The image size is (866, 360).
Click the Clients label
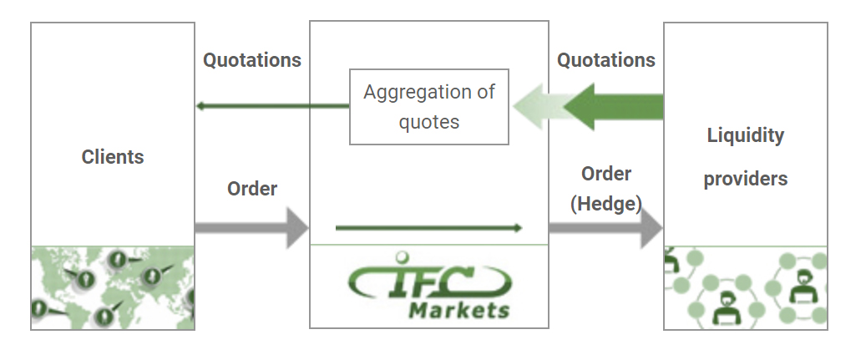click(x=113, y=157)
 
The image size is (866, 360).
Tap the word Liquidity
click(x=746, y=136)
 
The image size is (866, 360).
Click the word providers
click(x=746, y=179)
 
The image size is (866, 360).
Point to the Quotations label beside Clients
click(x=252, y=60)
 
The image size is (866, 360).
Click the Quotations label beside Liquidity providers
click(x=606, y=60)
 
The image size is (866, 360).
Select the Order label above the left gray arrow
click(x=252, y=189)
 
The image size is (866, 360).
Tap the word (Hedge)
click(x=606, y=204)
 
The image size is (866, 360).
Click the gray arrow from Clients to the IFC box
click(x=252, y=227)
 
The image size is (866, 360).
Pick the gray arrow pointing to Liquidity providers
click(x=606, y=227)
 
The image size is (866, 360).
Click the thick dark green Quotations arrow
click(x=613, y=107)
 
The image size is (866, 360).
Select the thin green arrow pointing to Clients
click(x=273, y=106)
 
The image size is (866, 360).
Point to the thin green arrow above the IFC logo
click(x=428, y=227)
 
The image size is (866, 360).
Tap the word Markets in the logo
click(x=459, y=310)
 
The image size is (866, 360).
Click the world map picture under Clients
click(x=113, y=287)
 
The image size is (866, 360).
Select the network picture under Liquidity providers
click(x=746, y=287)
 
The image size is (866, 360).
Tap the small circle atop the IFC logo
click(x=403, y=256)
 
